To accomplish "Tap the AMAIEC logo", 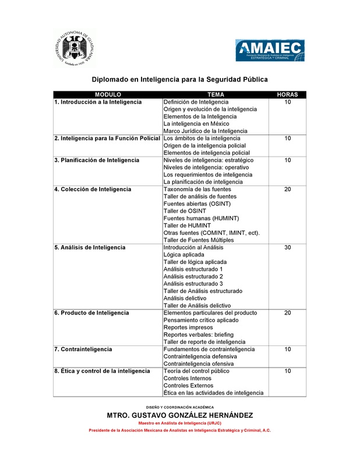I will pyautogui.click(x=270, y=50).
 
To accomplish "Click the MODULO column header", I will pyautogui.click(x=108, y=94).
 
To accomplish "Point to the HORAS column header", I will pyautogui.click(x=287, y=94).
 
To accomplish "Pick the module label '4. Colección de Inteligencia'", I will pyautogui.click(x=93, y=189).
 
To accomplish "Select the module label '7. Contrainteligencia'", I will pyautogui.click(x=83, y=349).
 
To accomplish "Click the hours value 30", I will pyautogui.click(x=287, y=248).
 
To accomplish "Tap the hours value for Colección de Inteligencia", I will pyautogui.click(x=287, y=189).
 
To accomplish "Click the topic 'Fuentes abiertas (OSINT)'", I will pyautogui.click(x=197, y=204).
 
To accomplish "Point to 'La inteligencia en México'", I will pyautogui.click(x=196, y=123).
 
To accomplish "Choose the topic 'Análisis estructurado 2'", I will pyautogui.click(x=193, y=277).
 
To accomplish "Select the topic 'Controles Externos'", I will pyautogui.click(x=188, y=386).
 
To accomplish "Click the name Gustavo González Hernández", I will pyautogui.click(x=179, y=415).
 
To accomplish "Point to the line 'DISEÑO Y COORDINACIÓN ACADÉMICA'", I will pyautogui.click(x=179, y=407).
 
